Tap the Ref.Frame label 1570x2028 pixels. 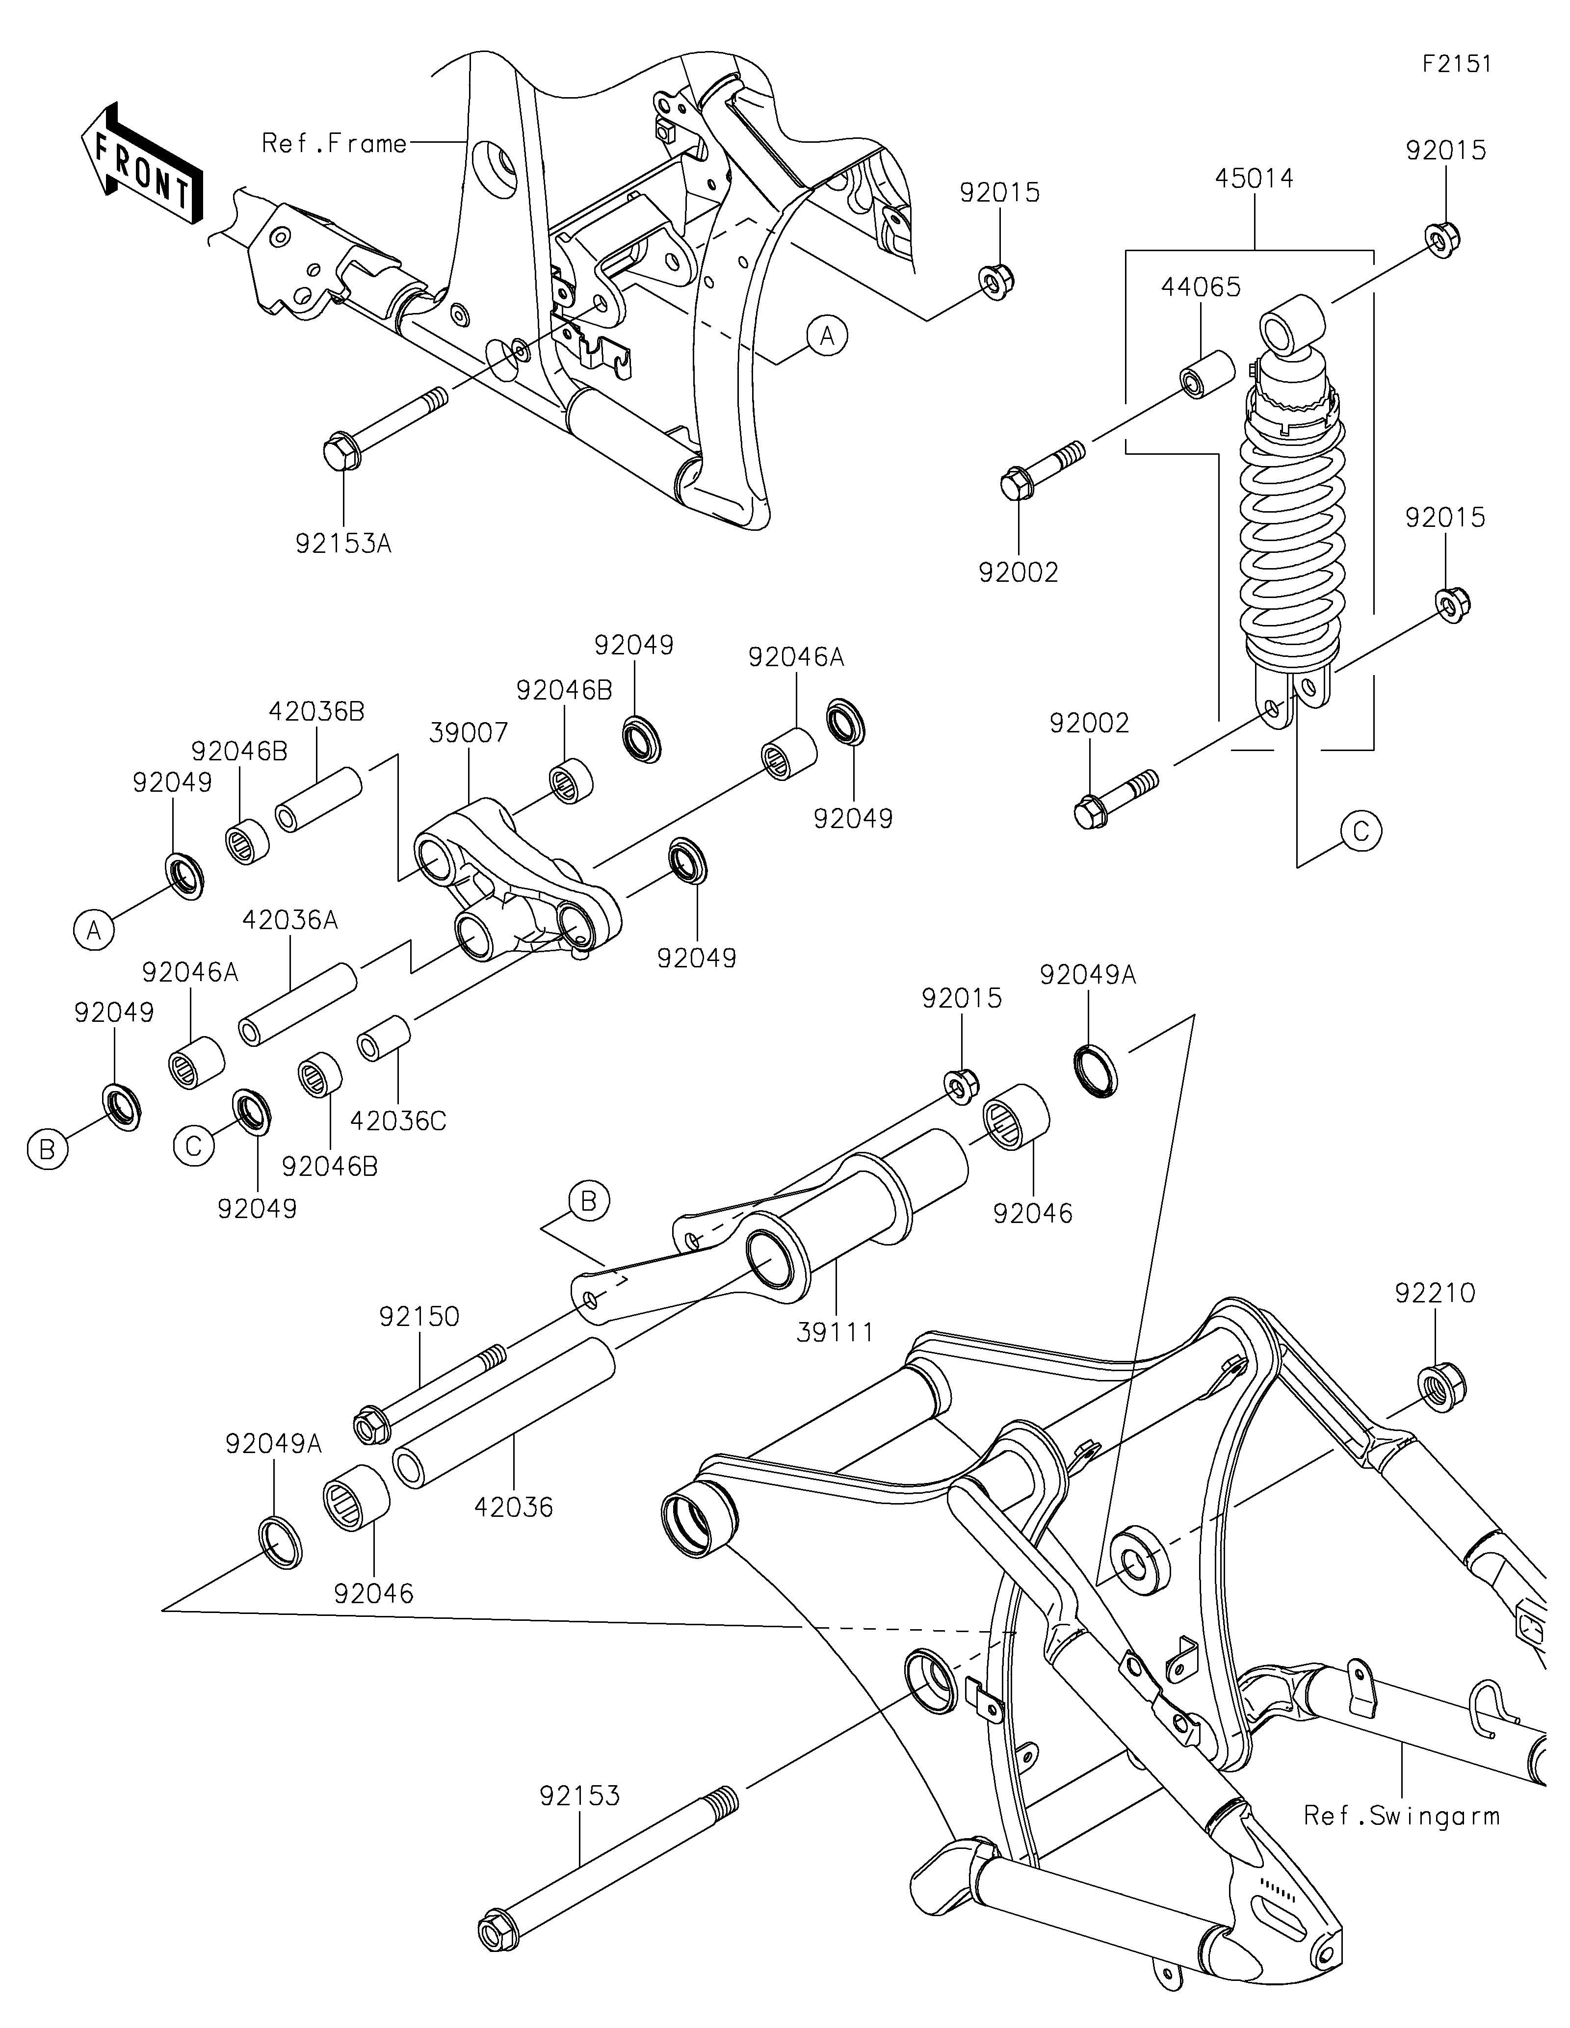point(334,143)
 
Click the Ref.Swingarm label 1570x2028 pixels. point(1402,1816)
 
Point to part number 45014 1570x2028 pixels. point(1255,178)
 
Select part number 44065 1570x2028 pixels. point(1201,287)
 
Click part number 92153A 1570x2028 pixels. point(343,543)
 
